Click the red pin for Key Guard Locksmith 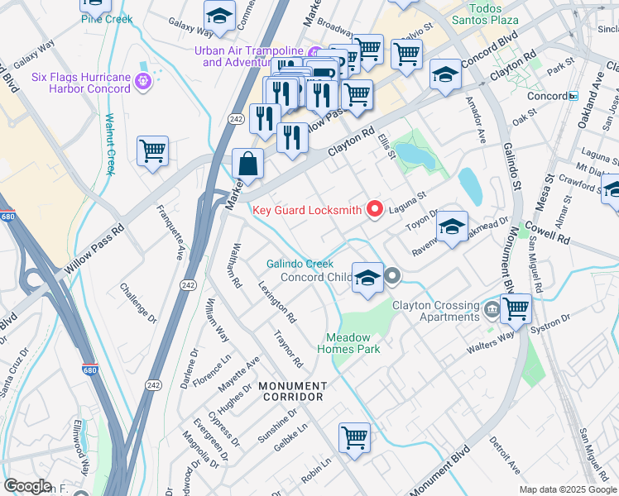pyautogui.click(x=374, y=210)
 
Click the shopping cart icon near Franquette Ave pyautogui.click(x=152, y=152)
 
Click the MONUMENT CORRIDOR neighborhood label pyautogui.click(x=291, y=391)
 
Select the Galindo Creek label pyautogui.click(x=300, y=264)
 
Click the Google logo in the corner pyautogui.click(x=27, y=486)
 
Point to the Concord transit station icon pyautogui.click(x=573, y=96)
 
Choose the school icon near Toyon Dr pyautogui.click(x=452, y=227)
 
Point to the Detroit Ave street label pyautogui.click(x=504, y=455)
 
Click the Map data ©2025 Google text pyautogui.click(x=567, y=489)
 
